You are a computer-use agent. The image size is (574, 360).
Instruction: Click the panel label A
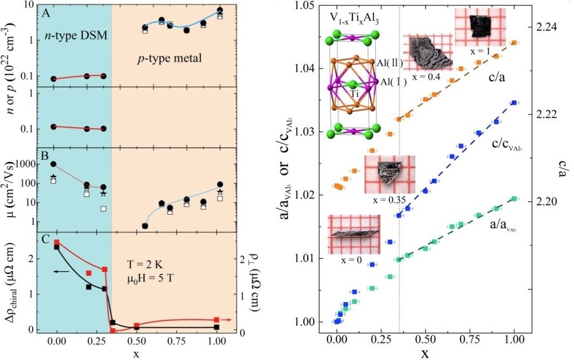tap(44, 12)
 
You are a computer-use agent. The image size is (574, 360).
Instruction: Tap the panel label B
tap(44, 154)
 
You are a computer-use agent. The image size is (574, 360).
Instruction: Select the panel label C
tap(44, 240)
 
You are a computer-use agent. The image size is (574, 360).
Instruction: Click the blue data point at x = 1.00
tap(513, 103)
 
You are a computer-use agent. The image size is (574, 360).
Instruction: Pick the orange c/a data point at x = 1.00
tap(513, 43)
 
